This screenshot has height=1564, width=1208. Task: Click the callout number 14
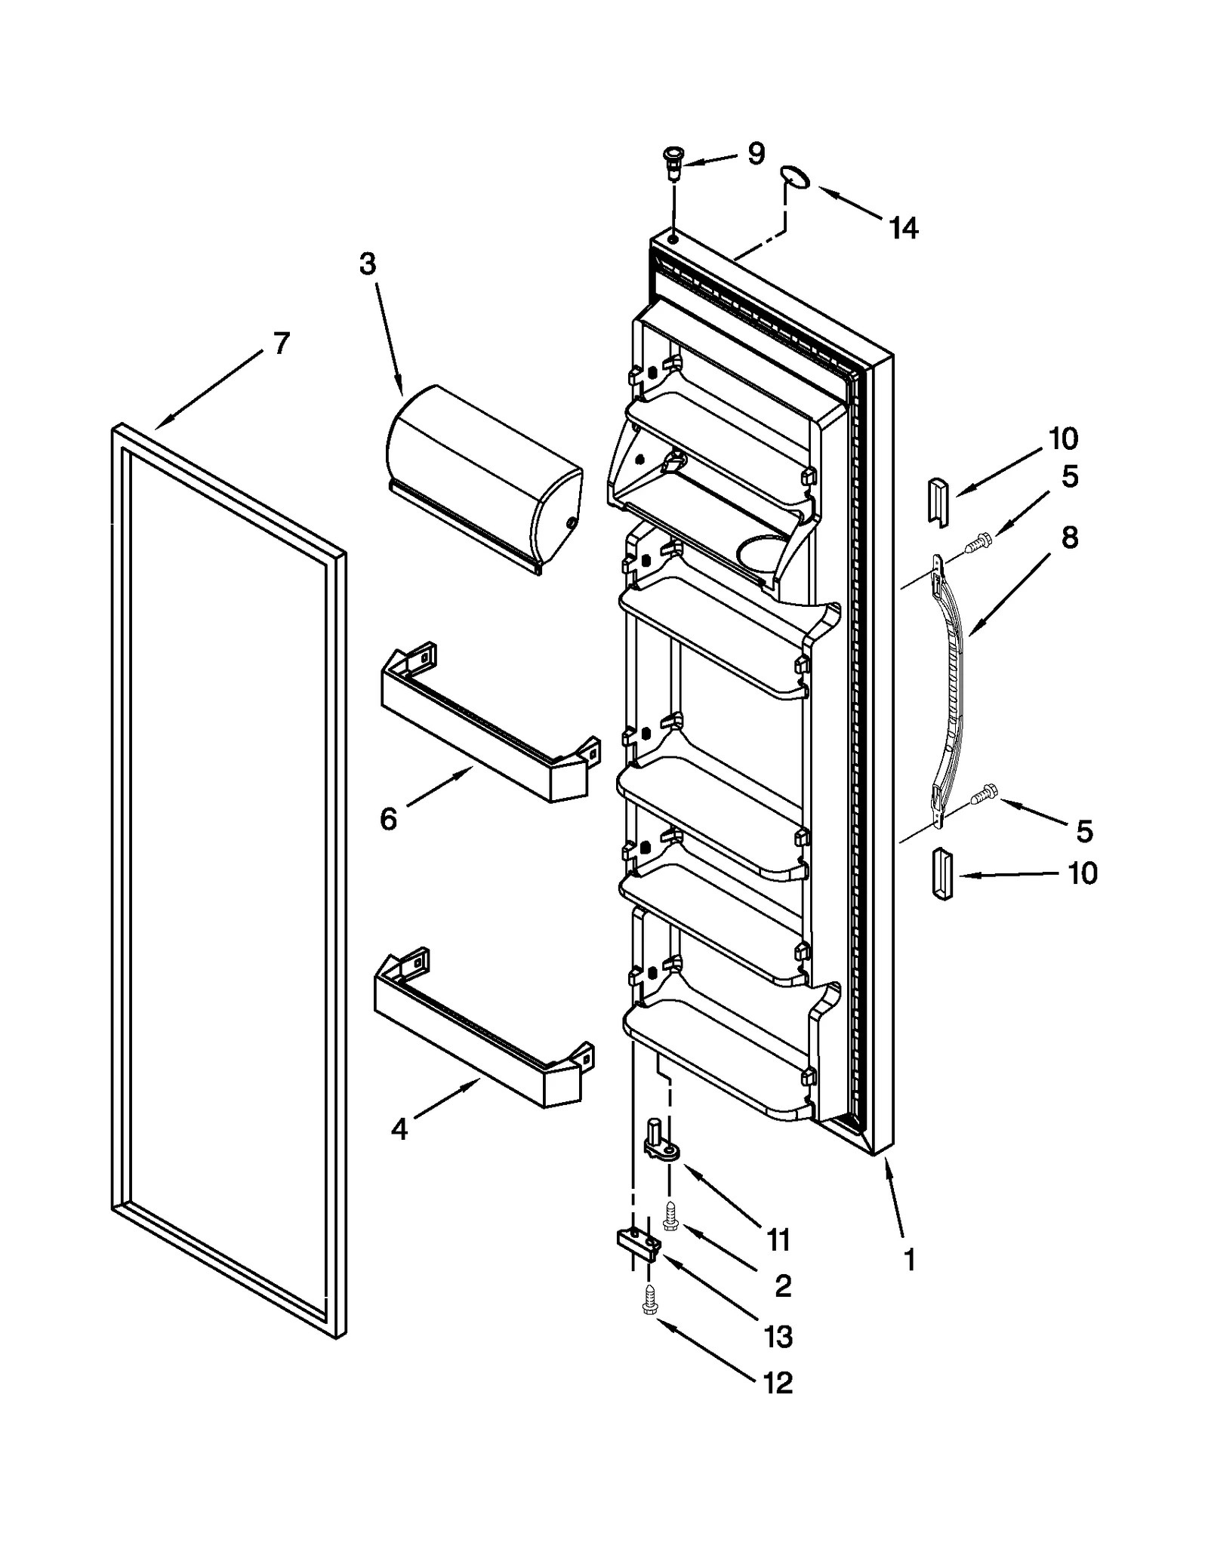(x=903, y=227)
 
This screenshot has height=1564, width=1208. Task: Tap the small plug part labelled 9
(x=670, y=162)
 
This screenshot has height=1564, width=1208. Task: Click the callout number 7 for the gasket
(x=281, y=344)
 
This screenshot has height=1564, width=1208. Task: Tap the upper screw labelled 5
(x=980, y=540)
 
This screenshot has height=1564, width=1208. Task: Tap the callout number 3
(x=367, y=265)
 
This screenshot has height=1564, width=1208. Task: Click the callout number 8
(x=1069, y=538)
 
